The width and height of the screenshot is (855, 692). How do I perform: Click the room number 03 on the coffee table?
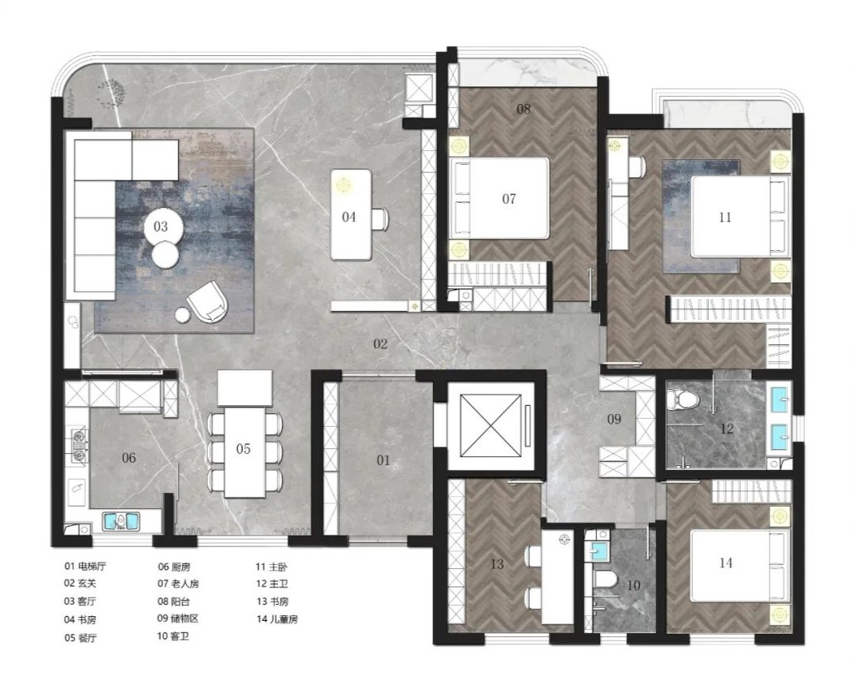tap(161, 226)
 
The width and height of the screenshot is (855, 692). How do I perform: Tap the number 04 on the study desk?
tap(349, 217)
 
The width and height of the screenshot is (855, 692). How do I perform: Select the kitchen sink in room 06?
tap(121, 521)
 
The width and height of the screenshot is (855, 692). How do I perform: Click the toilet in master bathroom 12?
tap(682, 400)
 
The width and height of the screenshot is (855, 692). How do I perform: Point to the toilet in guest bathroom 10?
tap(605, 579)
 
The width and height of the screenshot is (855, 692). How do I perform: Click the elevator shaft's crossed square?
tap(490, 425)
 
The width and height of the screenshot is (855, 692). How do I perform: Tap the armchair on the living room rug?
tap(208, 301)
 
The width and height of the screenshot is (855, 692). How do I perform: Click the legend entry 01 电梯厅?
tap(85, 566)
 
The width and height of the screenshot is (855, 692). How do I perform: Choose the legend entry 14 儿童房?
tap(277, 619)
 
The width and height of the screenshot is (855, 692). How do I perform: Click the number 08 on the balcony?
tap(523, 109)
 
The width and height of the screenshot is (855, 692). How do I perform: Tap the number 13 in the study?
tap(497, 564)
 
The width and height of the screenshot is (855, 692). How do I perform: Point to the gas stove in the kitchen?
tap(80, 446)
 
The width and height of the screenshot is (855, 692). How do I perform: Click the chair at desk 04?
tap(380, 219)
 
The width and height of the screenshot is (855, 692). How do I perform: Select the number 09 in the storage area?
tap(614, 419)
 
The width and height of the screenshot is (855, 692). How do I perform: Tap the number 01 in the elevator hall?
tap(384, 460)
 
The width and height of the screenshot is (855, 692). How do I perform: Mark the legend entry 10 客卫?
tap(173, 636)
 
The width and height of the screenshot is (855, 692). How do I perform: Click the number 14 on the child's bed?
tap(726, 563)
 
